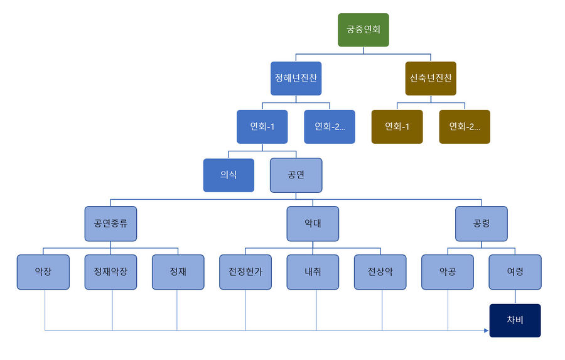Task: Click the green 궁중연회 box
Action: [x=363, y=30]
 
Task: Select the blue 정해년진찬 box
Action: [x=296, y=78]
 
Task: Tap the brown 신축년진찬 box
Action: [x=431, y=78]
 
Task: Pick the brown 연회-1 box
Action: [x=397, y=126]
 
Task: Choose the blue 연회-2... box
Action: [x=330, y=126]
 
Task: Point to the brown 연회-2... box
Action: [x=465, y=126]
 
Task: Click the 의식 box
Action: [x=229, y=175]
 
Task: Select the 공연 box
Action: [x=296, y=175]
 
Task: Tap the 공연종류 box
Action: [x=110, y=223]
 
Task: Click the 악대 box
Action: [x=313, y=223]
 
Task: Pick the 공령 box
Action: [x=481, y=223]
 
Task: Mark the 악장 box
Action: [x=43, y=271]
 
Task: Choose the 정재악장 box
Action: [x=110, y=271]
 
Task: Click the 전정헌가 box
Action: [x=245, y=271]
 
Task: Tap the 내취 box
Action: [x=313, y=271]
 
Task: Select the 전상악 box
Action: [x=380, y=271]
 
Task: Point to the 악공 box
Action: [x=448, y=271]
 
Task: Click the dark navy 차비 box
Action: [x=515, y=320]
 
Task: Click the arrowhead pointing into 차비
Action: [x=486, y=330]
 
